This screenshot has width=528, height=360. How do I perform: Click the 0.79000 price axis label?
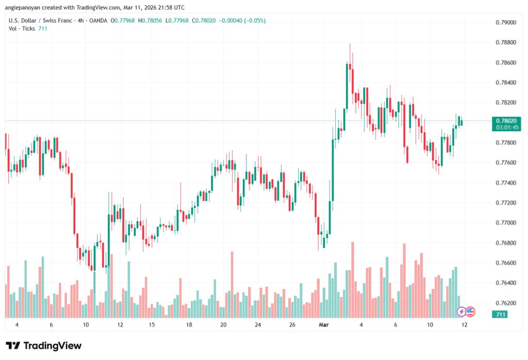point(505,23)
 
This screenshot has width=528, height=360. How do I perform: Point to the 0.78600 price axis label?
point(505,63)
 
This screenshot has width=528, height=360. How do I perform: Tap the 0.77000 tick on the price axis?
point(505,223)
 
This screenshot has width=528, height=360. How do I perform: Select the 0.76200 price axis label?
point(505,303)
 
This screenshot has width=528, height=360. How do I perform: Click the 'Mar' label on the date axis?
point(324,325)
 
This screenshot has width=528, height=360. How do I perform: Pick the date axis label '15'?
point(152,325)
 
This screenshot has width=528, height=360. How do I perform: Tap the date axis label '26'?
point(292,325)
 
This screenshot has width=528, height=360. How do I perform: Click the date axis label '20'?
point(223,325)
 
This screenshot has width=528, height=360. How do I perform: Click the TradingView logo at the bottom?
point(44,346)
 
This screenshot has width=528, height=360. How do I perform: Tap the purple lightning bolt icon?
point(462,312)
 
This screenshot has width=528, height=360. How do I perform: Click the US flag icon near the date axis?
point(470,312)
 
